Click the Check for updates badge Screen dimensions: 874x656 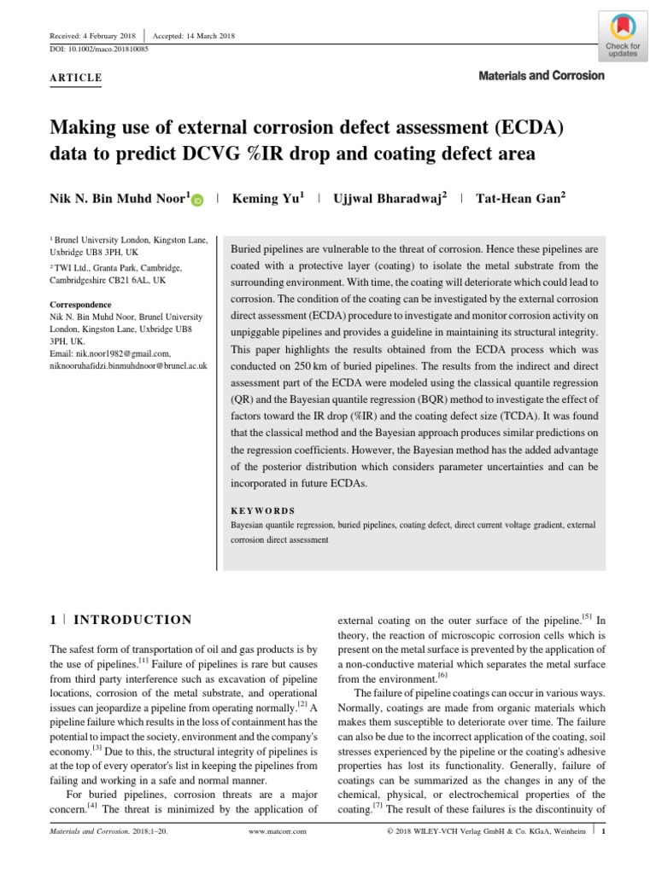(x=622, y=37)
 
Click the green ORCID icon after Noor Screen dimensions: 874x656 (x=197, y=200)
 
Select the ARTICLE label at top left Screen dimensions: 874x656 (x=76, y=79)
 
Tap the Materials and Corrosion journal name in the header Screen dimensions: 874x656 (x=542, y=76)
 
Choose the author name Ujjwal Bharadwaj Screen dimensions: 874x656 (x=388, y=198)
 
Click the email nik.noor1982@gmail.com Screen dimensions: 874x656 (x=111, y=353)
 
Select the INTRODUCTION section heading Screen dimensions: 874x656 (x=132, y=620)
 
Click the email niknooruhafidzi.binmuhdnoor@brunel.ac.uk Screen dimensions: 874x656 (x=129, y=365)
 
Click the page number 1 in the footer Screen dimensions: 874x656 (x=603, y=830)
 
